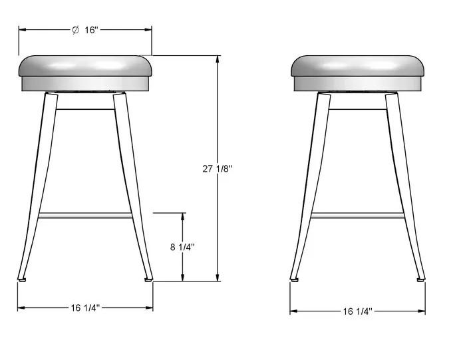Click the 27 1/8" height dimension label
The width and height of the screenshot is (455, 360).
pos(218,168)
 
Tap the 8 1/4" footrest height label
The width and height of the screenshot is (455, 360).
pos(182,248)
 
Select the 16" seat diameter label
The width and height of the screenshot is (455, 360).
pos(91,30)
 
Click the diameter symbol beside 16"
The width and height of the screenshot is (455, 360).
pos(75,30)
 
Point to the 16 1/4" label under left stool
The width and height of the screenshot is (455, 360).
pos(85,307)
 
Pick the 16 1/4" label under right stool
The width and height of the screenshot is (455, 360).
pos(357,311)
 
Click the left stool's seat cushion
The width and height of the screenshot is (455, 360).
pos(85,66)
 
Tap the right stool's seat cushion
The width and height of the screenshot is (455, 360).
pos(357,66)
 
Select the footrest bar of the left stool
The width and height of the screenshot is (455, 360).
pos(85,216)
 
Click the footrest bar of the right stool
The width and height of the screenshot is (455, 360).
pos(357,216)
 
